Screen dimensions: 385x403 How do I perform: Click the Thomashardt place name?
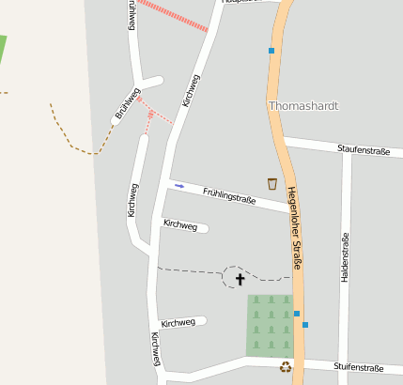coord(302,106)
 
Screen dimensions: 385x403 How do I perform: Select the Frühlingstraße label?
coord(229,195)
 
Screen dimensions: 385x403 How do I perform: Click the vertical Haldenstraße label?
coord(345,257)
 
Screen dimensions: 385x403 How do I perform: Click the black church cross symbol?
coord(239,279)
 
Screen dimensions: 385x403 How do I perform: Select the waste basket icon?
coord(272,183)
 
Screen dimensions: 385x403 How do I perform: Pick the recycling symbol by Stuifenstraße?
coord(285,367)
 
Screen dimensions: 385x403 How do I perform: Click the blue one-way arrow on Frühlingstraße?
coord(179,186)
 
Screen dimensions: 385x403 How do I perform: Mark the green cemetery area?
coord(270,326)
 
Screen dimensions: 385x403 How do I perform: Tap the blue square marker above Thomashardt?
coord(271,51)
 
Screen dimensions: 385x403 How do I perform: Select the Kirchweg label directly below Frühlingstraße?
coord(180,225)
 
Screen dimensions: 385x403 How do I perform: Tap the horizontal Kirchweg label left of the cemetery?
coord(178,323)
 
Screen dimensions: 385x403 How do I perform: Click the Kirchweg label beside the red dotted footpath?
coord(191,90)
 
